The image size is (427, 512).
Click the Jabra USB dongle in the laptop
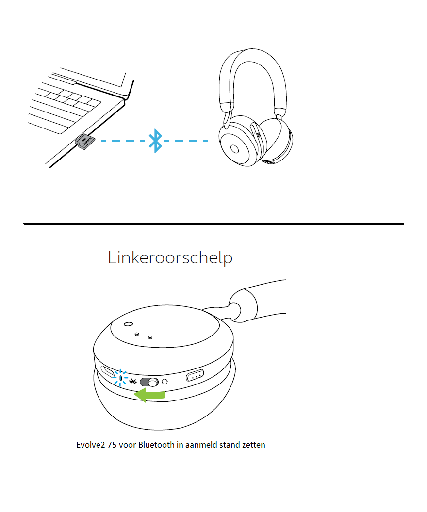85,141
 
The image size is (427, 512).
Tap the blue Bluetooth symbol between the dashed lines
155,141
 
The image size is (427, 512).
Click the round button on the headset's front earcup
234,149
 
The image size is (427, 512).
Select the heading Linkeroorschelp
170,257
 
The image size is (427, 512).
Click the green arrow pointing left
150,395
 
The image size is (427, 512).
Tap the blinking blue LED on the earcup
120,378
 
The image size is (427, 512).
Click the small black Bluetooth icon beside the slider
133,381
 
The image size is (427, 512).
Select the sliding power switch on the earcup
149,382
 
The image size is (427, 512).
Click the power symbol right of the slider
165,382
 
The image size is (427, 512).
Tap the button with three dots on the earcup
195,375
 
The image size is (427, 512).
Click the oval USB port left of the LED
107,371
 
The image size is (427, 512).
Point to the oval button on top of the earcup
129,324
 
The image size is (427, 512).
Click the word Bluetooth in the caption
157,445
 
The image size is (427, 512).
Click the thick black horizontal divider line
213,224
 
